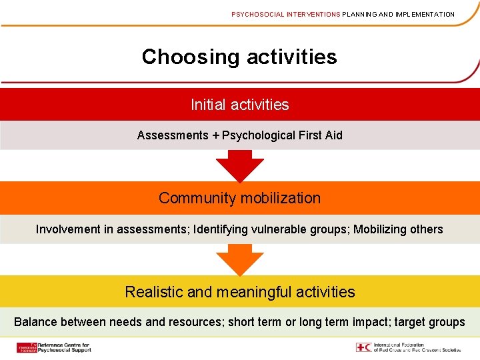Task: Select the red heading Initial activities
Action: coord(240,105)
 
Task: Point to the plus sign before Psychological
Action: coord(215,135)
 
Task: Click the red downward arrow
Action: coord(239,166)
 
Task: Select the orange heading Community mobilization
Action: coord(240,198)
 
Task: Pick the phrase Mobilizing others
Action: coord(398,229)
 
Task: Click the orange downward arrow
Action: coord(239,260)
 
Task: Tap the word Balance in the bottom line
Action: coord(35,322)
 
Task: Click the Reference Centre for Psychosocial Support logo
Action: coord(53,347)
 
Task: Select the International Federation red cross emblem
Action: coord(364,347)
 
